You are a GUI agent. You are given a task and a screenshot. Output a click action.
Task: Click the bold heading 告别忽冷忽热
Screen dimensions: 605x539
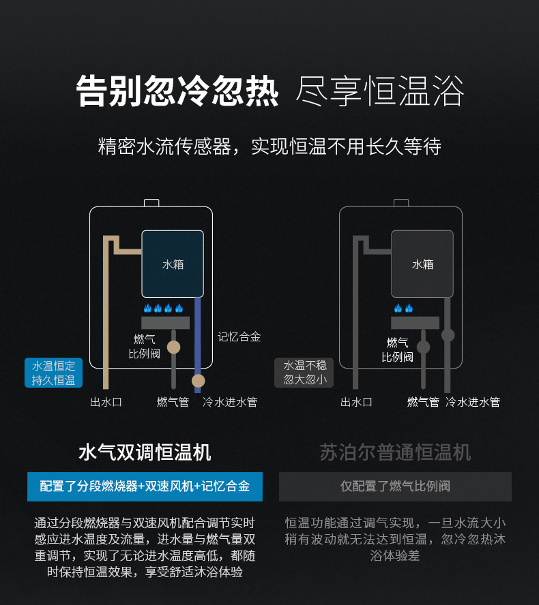(x=177, y=91)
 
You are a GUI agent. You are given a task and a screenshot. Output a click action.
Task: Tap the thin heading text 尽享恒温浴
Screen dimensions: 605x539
(x=379, y=91)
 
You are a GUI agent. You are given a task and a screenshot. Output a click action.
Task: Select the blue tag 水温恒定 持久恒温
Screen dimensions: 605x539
(x=53, y=373)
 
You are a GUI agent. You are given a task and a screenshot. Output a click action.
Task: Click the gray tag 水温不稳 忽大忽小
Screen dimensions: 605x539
(x=304, y=373)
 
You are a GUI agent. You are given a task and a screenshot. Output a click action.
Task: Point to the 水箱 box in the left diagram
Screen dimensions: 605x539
(x=173, y=264)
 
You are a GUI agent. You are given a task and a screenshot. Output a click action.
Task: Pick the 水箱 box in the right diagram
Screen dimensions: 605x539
(x=422, y=264)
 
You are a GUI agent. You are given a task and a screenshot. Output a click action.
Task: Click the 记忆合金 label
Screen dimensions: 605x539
(x=239, y=337)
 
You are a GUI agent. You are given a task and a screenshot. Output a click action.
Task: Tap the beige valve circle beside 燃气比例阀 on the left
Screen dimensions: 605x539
(x=174, y=347)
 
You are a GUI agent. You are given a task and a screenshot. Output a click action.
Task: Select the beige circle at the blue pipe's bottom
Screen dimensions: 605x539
(x=198, y=381)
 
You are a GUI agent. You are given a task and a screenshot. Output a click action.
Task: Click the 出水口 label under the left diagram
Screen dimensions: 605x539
(x=106, y=402)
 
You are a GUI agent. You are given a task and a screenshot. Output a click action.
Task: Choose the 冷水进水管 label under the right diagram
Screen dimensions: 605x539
(x=472, y=402)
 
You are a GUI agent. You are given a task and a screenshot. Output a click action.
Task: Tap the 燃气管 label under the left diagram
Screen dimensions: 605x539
(x=173, y=402)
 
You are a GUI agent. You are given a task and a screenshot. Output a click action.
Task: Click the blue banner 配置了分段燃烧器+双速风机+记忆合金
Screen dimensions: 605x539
(x=145, y=486)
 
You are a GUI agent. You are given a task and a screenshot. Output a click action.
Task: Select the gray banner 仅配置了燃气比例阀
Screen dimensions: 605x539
(x=395, y=486)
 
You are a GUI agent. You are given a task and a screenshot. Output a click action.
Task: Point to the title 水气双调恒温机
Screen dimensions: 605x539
(x=145, y=452)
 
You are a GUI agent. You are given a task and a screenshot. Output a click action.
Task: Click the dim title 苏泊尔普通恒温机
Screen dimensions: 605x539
(x=395, y=452)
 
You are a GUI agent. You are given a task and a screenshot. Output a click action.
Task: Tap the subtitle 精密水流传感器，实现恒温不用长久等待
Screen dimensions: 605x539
(x=269, y=146)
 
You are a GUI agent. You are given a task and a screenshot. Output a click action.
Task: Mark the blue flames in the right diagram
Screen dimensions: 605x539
(x=403, y=309)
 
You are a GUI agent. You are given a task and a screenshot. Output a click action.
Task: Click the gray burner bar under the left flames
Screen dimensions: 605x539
(x=165, y=323)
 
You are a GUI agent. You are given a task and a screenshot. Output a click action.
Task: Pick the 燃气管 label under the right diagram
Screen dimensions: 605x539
(x=423, y=402)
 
